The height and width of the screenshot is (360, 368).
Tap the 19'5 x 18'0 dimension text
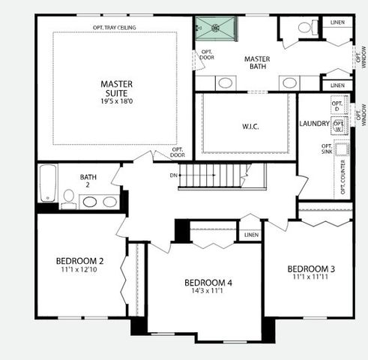point(116,100)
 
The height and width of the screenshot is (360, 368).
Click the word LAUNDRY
point(314,123)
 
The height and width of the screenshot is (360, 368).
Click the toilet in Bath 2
point(68,197)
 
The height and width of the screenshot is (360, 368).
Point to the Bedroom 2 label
point(79,261)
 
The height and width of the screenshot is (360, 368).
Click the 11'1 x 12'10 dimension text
point(79,271)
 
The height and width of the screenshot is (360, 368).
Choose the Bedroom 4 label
point(208,283)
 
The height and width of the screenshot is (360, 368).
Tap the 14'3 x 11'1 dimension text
point(208,292)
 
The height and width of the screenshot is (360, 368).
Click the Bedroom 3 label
point(311,268)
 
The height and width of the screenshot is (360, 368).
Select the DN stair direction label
point(173,175)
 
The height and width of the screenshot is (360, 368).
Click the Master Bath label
point(256,63)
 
